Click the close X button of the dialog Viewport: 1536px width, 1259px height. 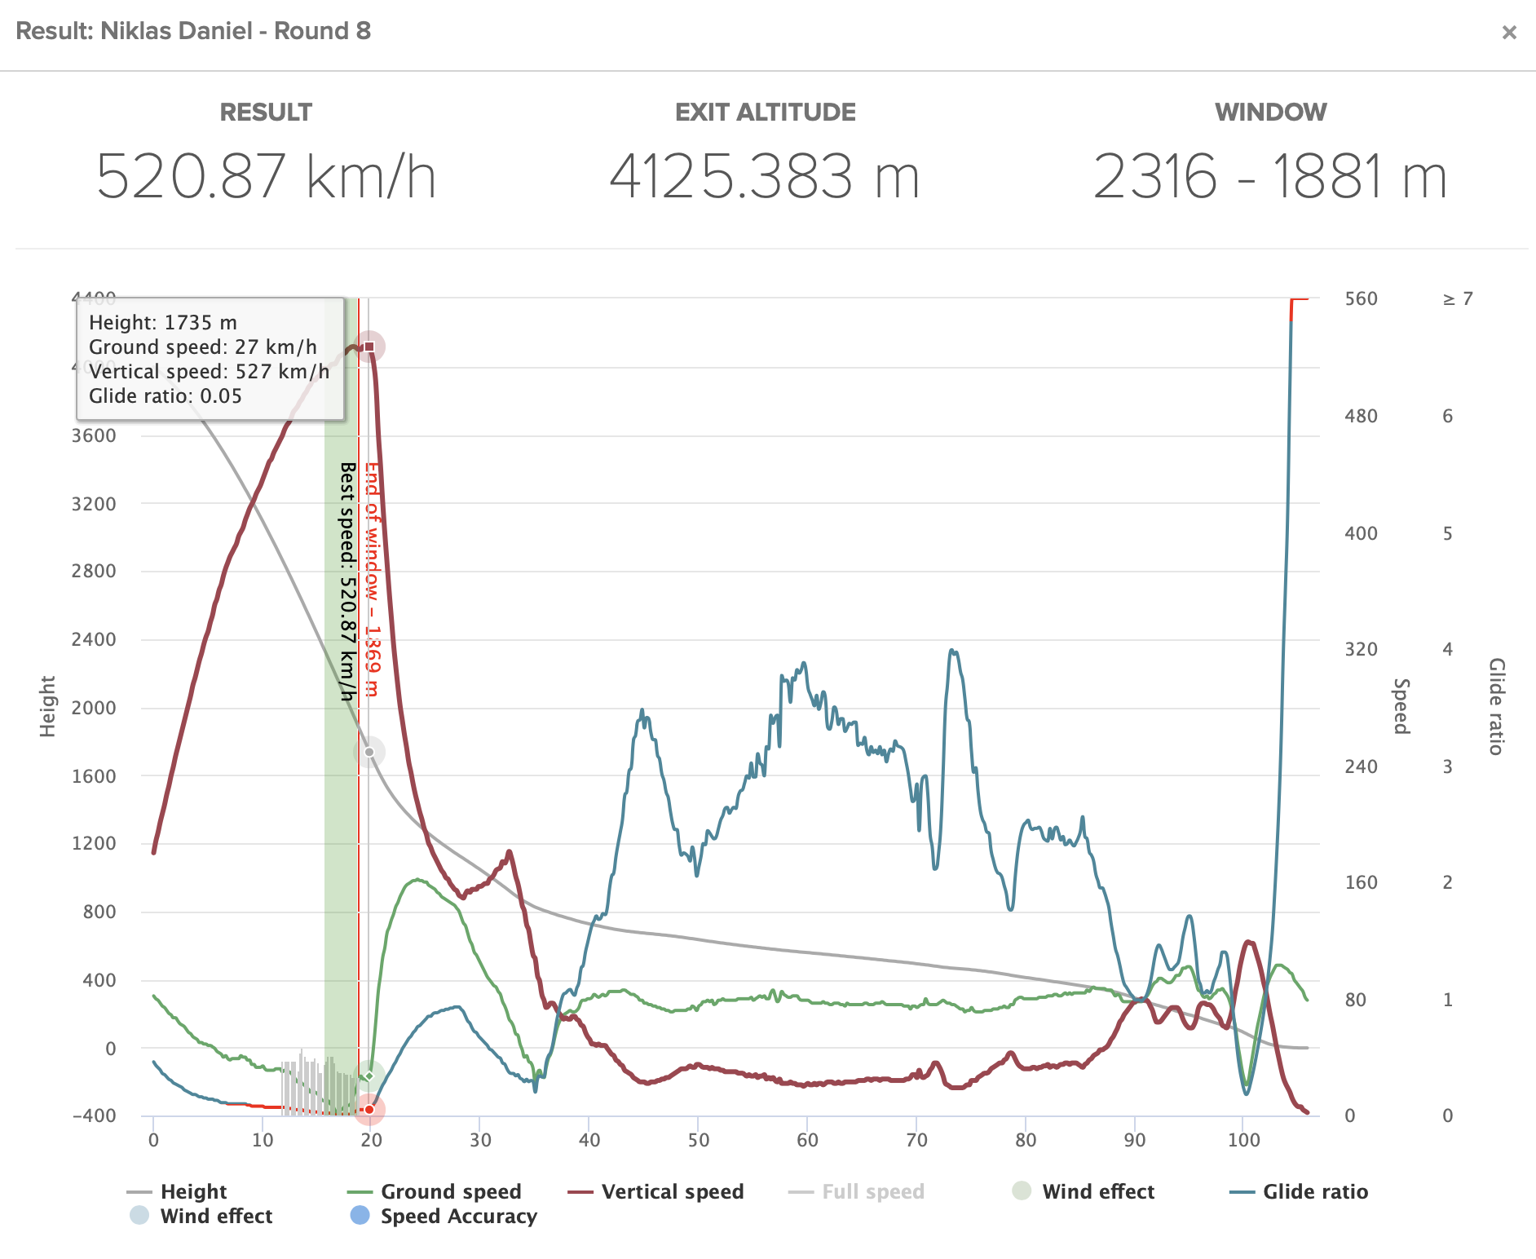click(1509, 32)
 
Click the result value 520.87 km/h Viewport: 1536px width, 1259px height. click(266, 176)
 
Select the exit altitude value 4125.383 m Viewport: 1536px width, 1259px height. click(765, 176)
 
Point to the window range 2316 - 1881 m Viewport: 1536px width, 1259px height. click(1269, 176)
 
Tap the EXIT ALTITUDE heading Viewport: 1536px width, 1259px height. click(765, 112)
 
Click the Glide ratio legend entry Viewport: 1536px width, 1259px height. click(1314, 1191)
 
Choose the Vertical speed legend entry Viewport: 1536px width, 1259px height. click(672, 1191)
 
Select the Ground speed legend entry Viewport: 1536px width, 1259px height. click(450, 1191)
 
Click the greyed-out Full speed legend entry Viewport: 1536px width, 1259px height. click(872, 1191)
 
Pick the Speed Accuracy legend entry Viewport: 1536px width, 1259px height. click(458, 1216)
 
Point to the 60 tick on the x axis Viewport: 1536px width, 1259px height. click(807, 1140)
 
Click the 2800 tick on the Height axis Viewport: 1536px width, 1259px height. click(94, 571)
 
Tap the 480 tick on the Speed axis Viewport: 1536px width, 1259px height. click(1361, 416)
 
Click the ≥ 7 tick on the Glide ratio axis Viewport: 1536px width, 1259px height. click(1458, 298)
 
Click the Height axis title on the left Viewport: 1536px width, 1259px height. click(48, 706)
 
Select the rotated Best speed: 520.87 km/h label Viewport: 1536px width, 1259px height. click(348, 581)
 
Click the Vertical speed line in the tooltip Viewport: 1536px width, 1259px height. click(209, 372)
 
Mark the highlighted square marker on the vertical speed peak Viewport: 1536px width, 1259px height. click(369, 347)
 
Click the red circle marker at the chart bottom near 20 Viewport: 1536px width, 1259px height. click(369, 1109)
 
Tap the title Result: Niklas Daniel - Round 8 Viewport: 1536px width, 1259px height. click(193, 31)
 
